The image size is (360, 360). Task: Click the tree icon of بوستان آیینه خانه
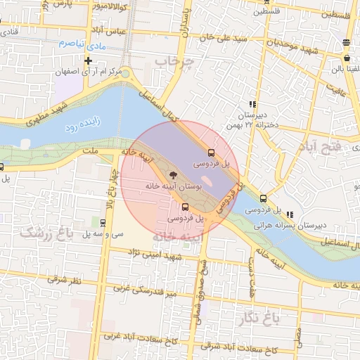point(173,174)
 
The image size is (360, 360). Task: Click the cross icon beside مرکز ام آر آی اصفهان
point(88,61)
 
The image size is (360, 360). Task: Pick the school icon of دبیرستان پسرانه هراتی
point(290,214)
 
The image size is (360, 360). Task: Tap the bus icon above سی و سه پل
point(103,223)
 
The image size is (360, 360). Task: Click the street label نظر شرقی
point(65,281)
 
